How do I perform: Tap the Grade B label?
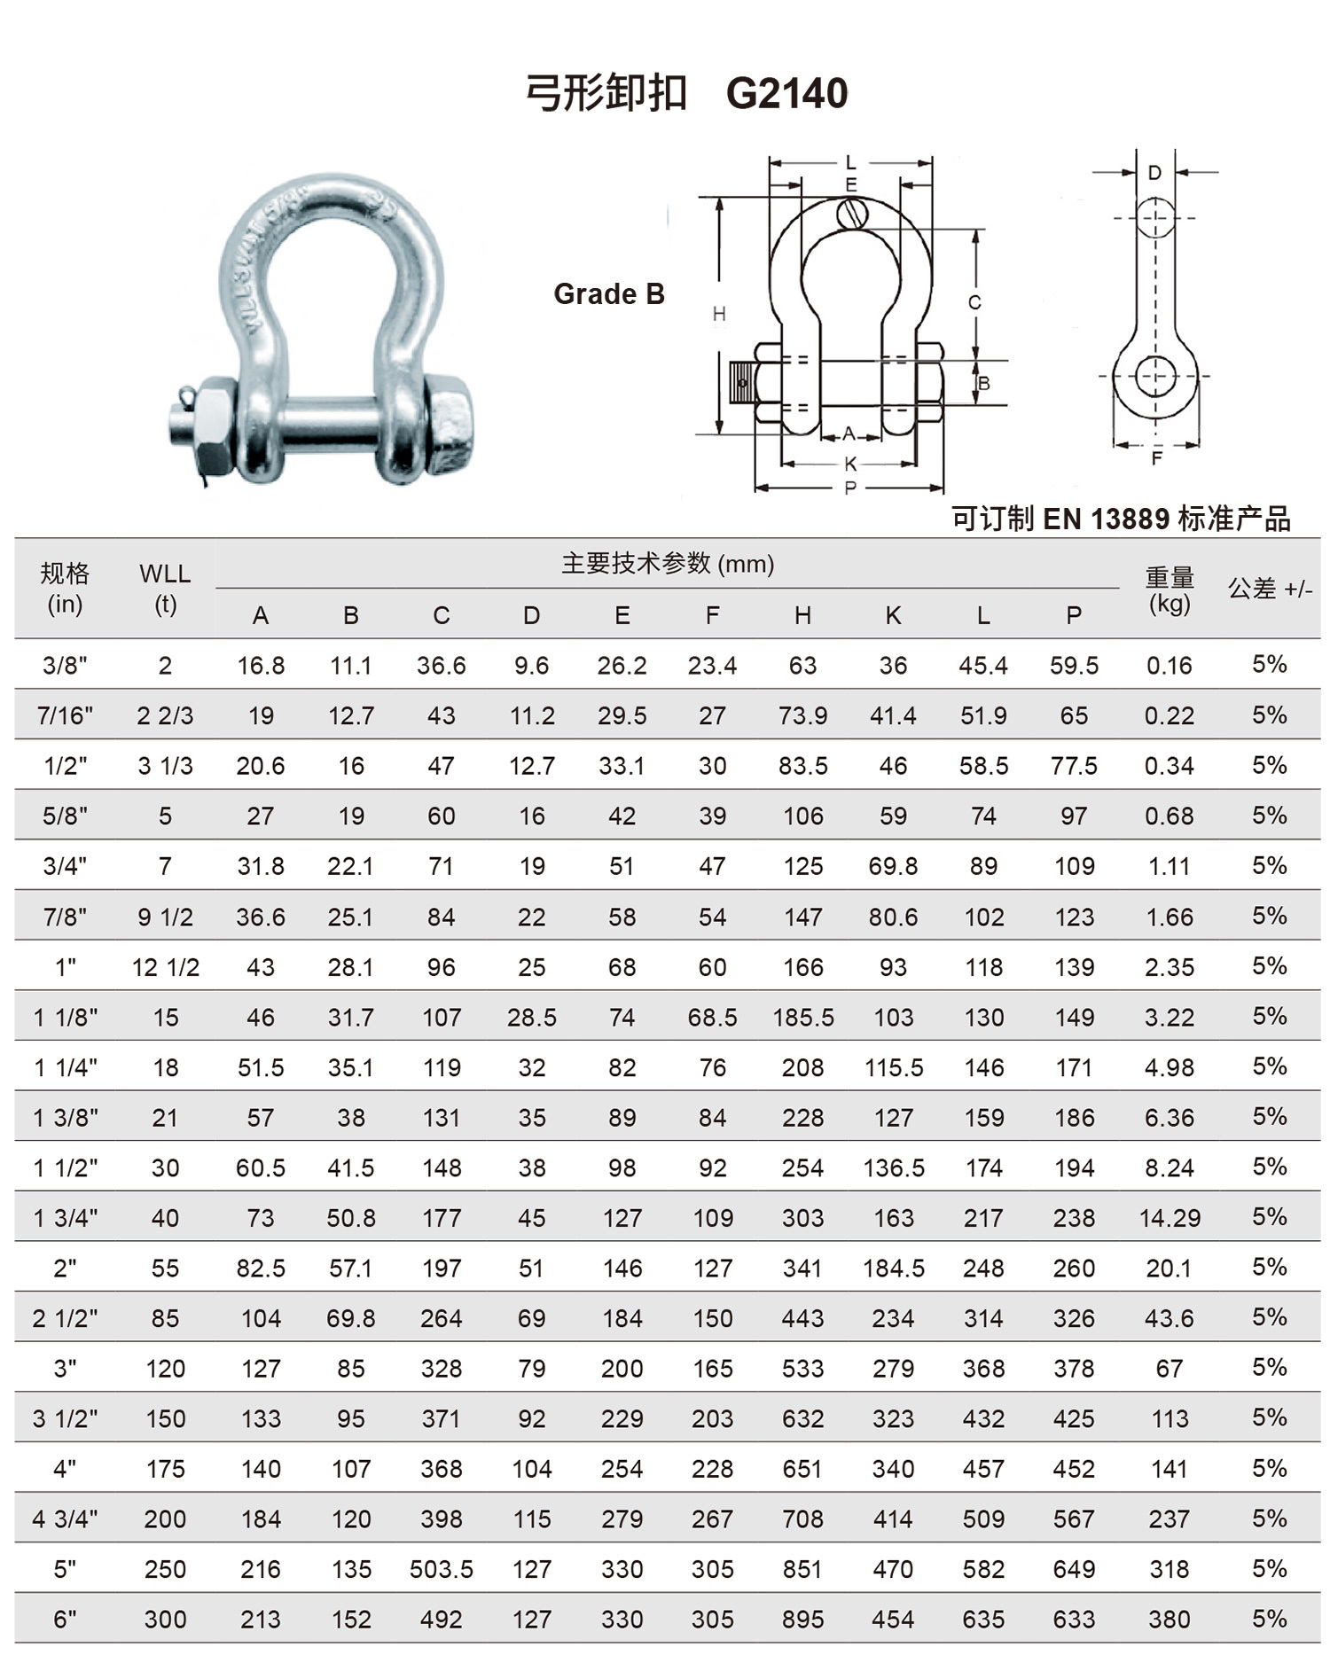click(609, 293)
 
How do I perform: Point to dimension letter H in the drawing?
click(719, 313)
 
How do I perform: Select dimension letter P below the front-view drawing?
click(850, 488)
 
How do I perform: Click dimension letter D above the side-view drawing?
click(1154, 173)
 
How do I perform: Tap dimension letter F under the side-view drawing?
click(1156, 458)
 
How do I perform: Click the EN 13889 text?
click(1107, 519)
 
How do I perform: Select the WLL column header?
click(165, 574)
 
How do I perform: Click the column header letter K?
click(893, 615)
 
